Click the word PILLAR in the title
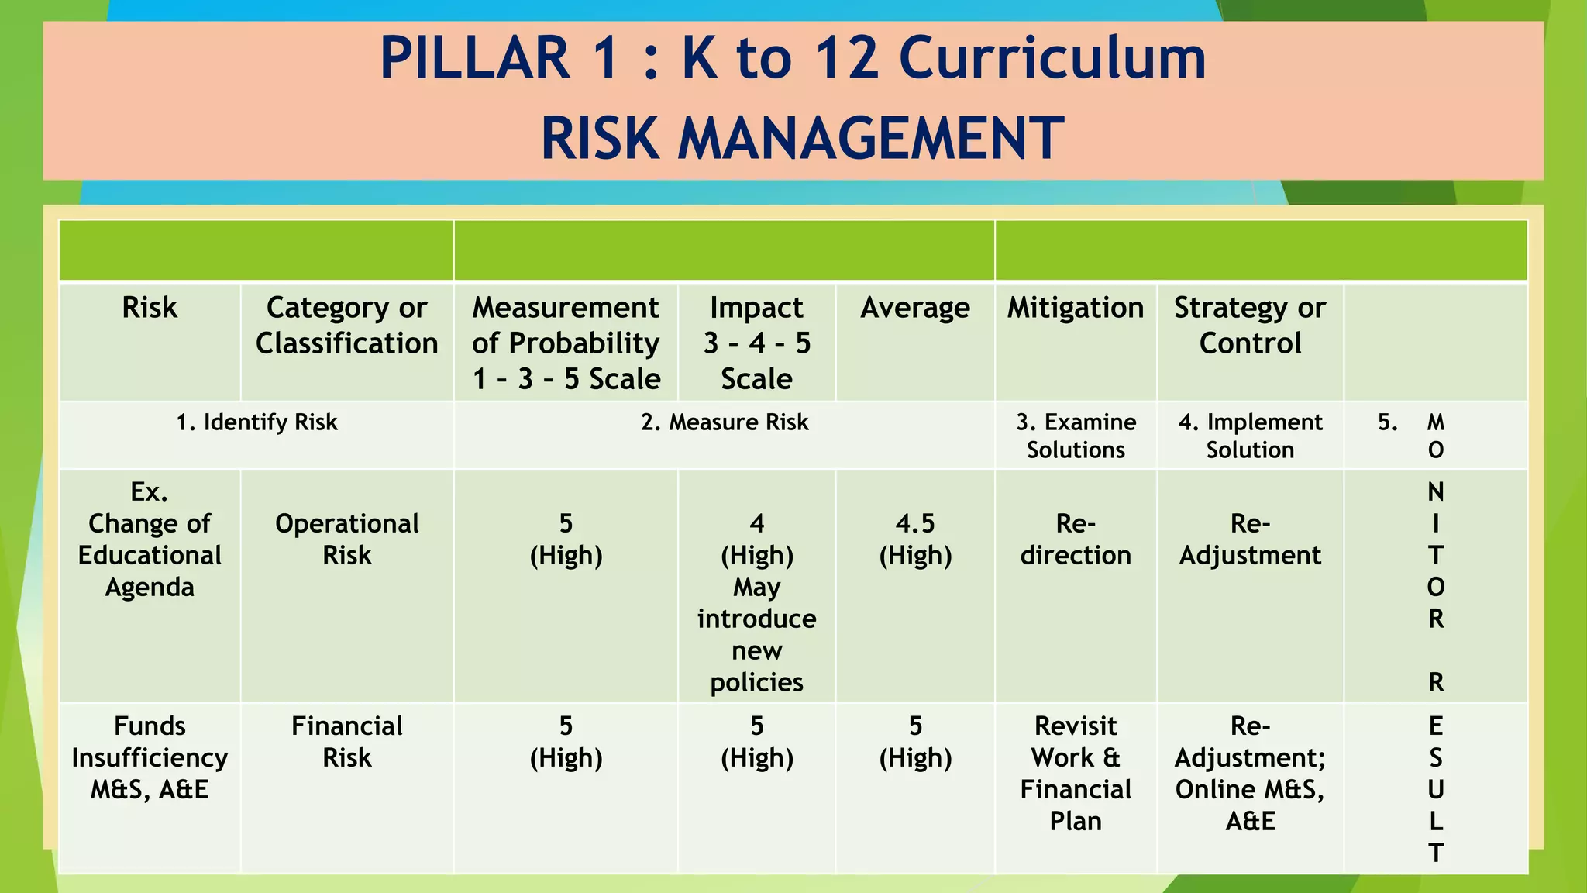[x=475, y=59]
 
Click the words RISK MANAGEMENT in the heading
[x=802, y=139]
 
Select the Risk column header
[x=150, y=308]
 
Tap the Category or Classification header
[x=346, y=326]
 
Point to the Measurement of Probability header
[x=566, y=343]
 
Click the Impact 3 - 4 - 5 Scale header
[x=756, y=343]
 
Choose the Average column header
[x=914, y=308]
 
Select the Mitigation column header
[x=1075, y=308]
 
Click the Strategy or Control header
[x=1249, y=326]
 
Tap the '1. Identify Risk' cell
[x=256, y=422]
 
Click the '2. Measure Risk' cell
[x=724, y=422]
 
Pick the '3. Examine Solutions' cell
[x=1075, y=436]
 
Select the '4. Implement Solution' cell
[x=1249, y=436]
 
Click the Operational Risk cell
[x=346, y=540]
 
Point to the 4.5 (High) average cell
[x=914, y=540]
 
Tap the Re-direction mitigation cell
[x=1075, y=540]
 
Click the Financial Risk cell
[x=346, y=742]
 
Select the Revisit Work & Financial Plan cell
[x=1075, y=774]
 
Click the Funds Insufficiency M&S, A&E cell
[x=150, y=757]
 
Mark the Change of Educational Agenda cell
[x=150, y=555]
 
